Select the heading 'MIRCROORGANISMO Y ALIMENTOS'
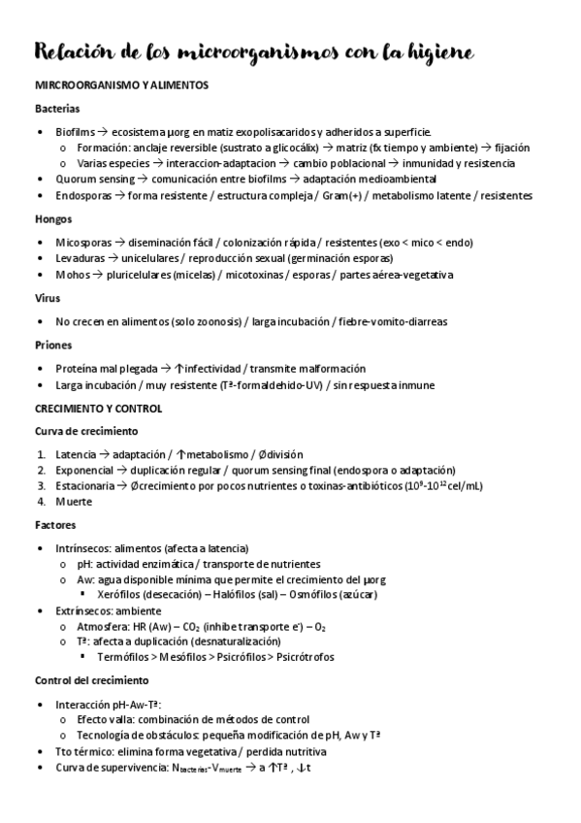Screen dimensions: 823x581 click(x=122, y=86)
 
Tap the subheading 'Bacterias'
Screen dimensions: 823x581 click(x=57, y=109)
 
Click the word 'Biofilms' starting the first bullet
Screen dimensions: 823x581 click(x=77, y=131)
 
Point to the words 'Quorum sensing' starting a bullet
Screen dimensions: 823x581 click(x=95, y=179)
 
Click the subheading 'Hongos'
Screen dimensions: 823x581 click(x=54, y=218)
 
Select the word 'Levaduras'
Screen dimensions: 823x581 click(x=81, y=258)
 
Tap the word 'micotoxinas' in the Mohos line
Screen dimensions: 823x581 click(x=253, y=275)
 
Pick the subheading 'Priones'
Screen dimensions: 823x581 click(x=52, y=345)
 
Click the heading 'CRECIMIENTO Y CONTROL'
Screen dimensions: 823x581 click(x=99, y=408)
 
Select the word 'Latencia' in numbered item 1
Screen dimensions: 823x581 click(x=76, y=454)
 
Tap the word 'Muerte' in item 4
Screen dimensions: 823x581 click(x=74, y=502)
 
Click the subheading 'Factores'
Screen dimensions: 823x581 click(x=55, y=525)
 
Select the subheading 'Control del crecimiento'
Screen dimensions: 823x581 click(x=92, y=680)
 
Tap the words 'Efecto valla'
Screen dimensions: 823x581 click(x=106, y=719)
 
